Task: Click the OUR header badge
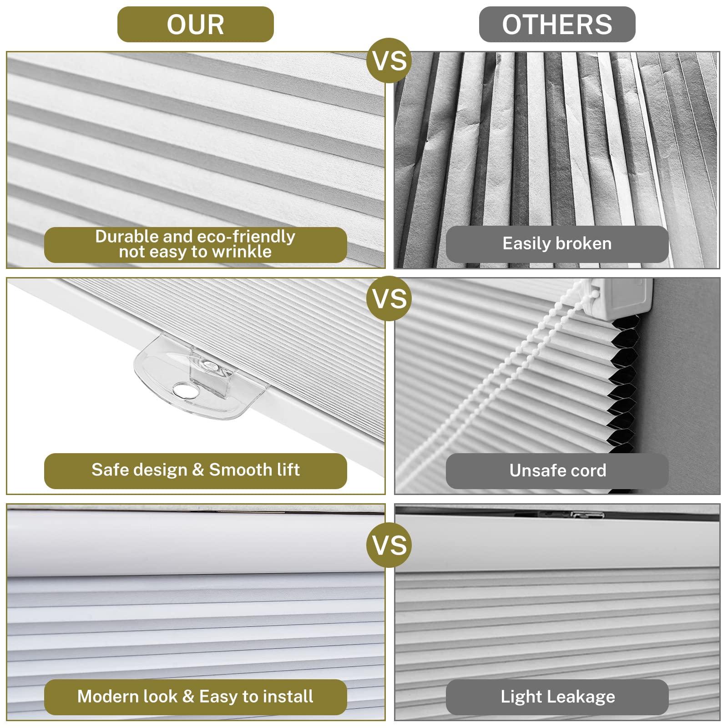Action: click(195, 24)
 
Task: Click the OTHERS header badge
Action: click(557, 24)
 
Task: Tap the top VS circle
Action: click(389, 60)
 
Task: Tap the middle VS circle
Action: click(389, 298)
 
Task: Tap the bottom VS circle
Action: click(389, 545)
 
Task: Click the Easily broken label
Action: click(557, 243)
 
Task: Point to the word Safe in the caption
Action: click(107, 470)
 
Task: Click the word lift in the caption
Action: click(287, 470)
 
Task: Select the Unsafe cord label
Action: click(557, 470)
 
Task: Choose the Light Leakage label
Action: click(557, 697)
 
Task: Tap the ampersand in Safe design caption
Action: click(198, 470)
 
